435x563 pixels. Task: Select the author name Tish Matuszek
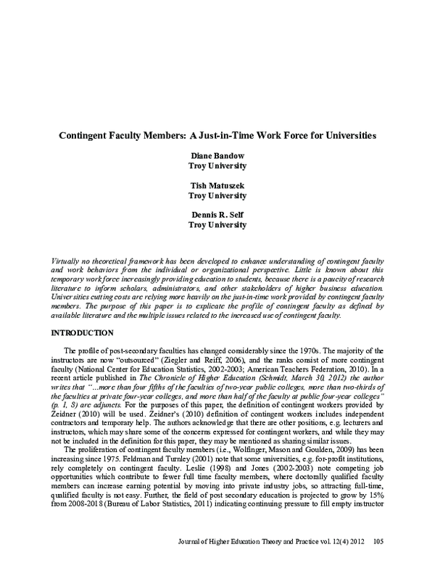217,185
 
